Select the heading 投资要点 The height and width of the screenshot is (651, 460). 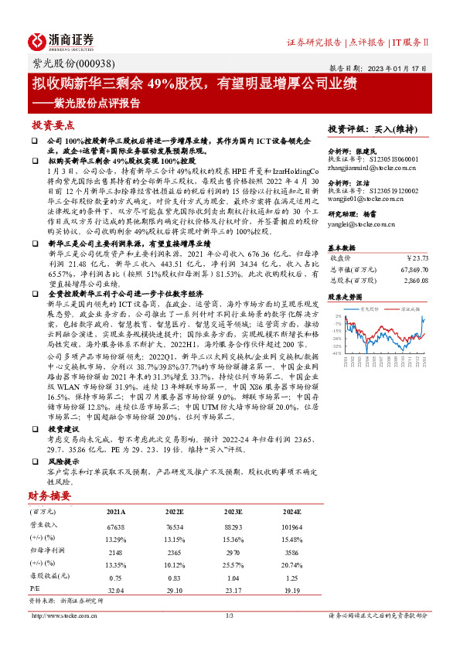[53, 125]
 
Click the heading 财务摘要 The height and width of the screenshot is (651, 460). [50, 496]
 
